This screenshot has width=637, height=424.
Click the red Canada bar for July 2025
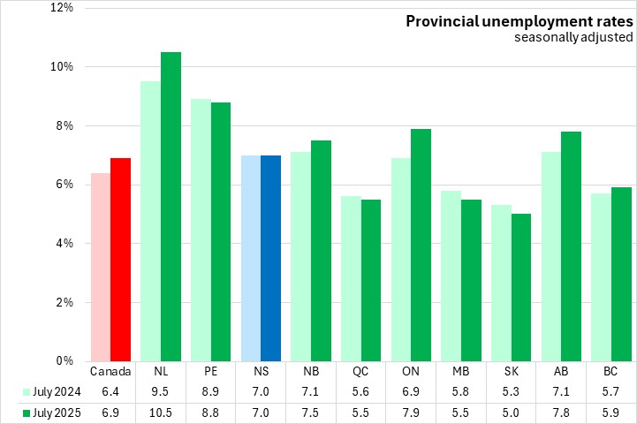(x=120, y=260)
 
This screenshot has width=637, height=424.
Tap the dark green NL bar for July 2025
(x=171, y=207)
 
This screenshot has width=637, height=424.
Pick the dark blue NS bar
(x=270, y=258)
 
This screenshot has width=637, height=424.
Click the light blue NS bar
(x=251, y=258)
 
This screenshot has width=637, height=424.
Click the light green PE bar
(x=201, y=230)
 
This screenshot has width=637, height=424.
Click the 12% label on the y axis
(x=63, y=8)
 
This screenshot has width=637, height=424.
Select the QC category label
(x=360, y=371)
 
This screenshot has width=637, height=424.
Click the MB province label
(x=460, y=371)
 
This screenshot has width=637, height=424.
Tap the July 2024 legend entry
(x=53, y=391)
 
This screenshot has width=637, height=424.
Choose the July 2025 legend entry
(x=53, y=413)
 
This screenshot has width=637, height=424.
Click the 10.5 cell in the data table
(x=161, y=413)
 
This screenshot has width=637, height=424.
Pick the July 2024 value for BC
(x=610, y=391)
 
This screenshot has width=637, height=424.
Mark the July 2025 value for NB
(x=310, y=413)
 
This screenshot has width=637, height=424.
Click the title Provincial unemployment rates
(x=519, y=20)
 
